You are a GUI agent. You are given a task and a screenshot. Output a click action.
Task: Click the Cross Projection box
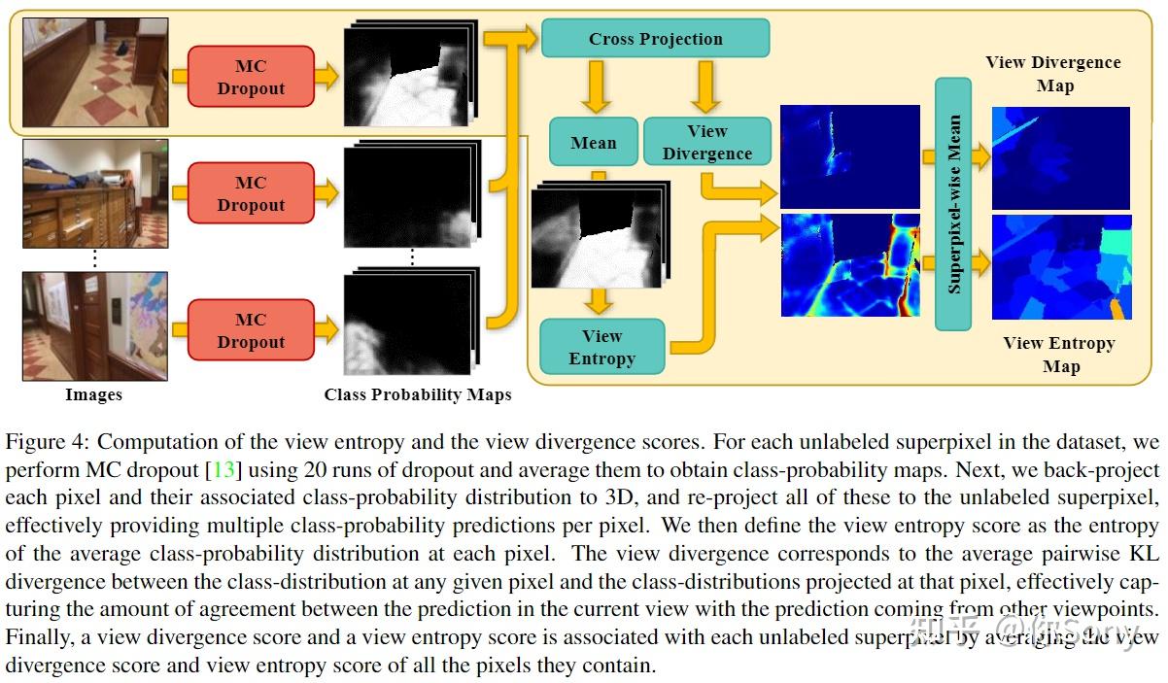pos(655,39)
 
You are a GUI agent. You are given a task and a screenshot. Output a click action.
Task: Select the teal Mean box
pos(593,143)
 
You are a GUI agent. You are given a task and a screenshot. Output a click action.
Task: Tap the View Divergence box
pos(706,142)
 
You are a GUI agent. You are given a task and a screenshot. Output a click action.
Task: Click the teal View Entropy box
pos(601,347)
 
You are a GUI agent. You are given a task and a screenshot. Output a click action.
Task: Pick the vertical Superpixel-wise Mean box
pos(953,204)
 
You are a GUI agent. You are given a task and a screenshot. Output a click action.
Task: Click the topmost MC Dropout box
pos(251,77)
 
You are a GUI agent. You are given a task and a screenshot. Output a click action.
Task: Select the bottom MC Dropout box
pos(251,330)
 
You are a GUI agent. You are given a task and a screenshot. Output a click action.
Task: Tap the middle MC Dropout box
pos(251,193)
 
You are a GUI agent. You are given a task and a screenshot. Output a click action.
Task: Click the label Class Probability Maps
pos(418,395)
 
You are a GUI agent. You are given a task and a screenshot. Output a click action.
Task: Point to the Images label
pos(93,394)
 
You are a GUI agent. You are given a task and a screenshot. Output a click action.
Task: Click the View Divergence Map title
pos(1053,74)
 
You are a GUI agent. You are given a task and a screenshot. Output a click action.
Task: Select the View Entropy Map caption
pos(1059,355)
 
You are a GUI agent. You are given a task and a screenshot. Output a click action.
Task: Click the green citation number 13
pos(224,470)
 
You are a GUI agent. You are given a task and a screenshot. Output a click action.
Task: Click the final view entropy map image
pos(1060,268)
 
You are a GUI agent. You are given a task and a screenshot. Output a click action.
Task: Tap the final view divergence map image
pos(1060,157)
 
